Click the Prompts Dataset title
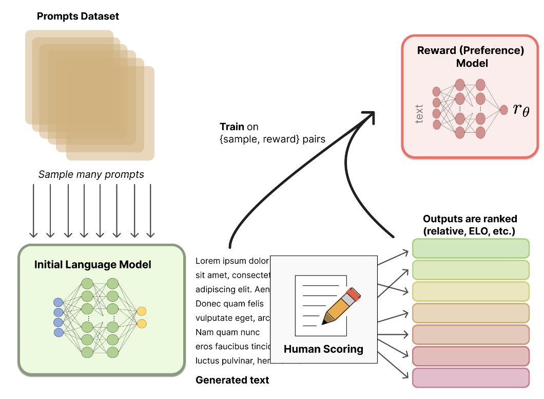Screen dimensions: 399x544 pyautogui.click(x=78, y=16)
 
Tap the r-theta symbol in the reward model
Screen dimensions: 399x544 pyautogui.click(x=520, y=109)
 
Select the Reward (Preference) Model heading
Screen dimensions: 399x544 pyautogui.click(x=471, y=57)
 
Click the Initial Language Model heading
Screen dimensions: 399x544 pyautogui.click(x=93, y=265)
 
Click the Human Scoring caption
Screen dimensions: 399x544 pyautogui.click(x=323, y=349)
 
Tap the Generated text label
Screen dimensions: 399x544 pyautogui.click(x=232, y=380)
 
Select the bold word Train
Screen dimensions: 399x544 pyautogui.click(x=232, y=126)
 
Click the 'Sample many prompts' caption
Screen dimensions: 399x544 pyautogui.click(x=91, y=174)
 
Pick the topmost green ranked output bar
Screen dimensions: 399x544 pyautogui.click(x=471, y=248)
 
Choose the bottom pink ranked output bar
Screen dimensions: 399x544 pyautogui.click(x=471, y=377)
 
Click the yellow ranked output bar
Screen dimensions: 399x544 pyautogui.click(x=471, y=292)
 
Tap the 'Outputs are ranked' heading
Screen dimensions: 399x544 pyautogui.click(x=470, y=219)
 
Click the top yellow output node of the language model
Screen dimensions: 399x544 pyautogui.click(x=142, y=311)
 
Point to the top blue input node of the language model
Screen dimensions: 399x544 pyautogui.click(x=59, y=302)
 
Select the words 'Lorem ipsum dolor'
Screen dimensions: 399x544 pyautogui.click(x=232, y=261)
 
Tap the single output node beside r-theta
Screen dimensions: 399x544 pyautogui.click(x=503, y=109)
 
